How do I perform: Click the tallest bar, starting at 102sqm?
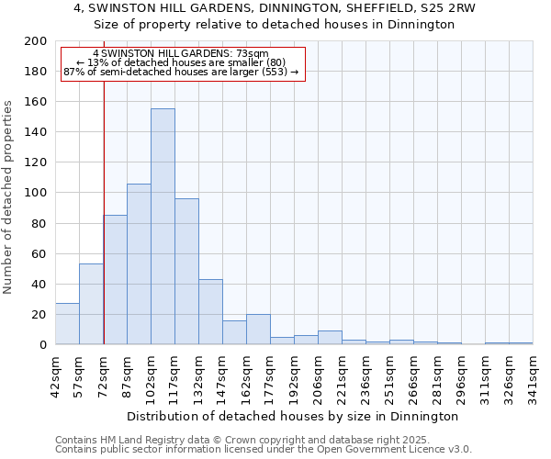163,227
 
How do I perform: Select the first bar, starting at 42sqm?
67,324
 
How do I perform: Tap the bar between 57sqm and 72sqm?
91,304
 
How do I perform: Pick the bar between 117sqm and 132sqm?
186,272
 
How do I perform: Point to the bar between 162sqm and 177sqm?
258,330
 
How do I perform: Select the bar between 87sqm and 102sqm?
139,264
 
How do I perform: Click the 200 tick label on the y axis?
36,41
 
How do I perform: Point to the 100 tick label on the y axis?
36,193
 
